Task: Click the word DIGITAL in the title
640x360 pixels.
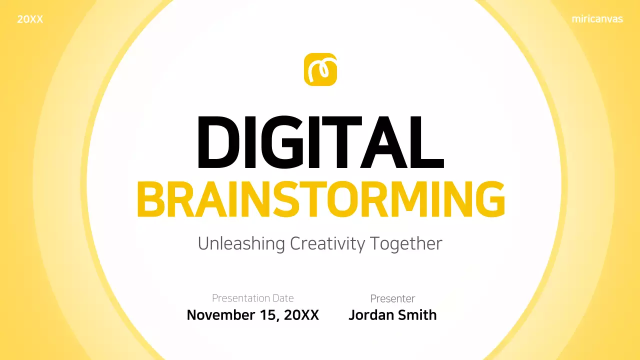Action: click(x=320, y=143)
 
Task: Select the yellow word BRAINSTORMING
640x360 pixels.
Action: click(x=320, y=200)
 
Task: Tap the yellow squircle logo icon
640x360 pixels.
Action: click(x=320, y=69)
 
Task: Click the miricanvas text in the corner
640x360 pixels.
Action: click(x=597, y=19)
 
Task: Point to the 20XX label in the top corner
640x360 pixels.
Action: click(x=30, y=20)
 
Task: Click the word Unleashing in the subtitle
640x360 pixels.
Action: click(x=241, y=244)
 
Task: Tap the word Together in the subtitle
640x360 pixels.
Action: click(x=406, y=244)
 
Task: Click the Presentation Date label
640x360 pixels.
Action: click(x=252, y=298)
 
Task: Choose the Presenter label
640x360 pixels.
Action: click(x=392, y=298)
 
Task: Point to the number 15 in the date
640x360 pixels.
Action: click(x=268, y=315)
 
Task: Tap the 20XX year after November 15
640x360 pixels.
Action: click(x=301, y=315)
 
